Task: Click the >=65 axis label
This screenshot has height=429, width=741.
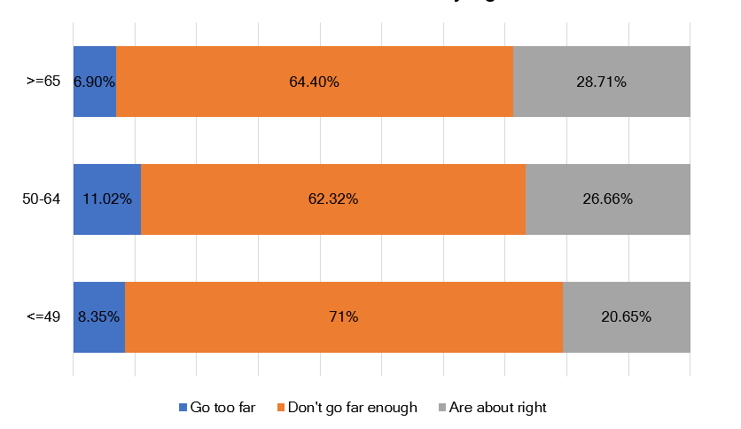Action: coord(43,82)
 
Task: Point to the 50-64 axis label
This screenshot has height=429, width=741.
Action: coord(42,199)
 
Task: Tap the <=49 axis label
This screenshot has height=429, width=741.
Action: coord(43,316)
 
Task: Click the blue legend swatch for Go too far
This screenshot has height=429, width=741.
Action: coord(183,408)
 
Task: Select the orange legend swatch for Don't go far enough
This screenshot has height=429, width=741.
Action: coord(282,408)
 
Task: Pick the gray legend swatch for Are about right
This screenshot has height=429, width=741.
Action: coord(442,408)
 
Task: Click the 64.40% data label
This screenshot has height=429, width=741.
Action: coord(314,82)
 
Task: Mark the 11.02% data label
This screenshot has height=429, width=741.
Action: coord(107,199)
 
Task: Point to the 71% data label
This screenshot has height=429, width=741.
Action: coord(344,316)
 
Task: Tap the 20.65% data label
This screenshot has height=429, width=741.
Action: coord(627,316)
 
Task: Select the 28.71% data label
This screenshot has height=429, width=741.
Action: coord(602,82)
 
